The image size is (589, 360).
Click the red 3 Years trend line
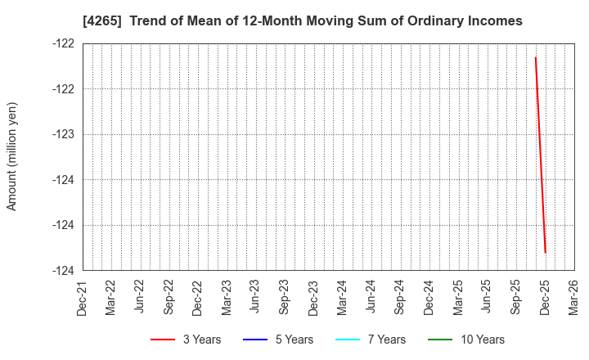(540, 155)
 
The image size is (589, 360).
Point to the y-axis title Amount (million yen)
(11, 156)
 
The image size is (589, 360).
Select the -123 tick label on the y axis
(64, 134)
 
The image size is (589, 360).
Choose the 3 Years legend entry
(186, 340)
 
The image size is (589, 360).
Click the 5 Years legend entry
(279, 340)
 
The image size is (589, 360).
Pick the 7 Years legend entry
(371, 340)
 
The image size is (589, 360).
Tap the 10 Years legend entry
(467, 340)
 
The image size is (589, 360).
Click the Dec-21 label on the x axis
(83, 297)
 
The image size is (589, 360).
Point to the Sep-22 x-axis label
(169, 297)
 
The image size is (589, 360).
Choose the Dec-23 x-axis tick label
(314, 297)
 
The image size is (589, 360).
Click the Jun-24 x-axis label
(371, 297)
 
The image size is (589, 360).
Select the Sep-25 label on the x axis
(516, 297)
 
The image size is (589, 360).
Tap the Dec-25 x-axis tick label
(546, 297)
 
